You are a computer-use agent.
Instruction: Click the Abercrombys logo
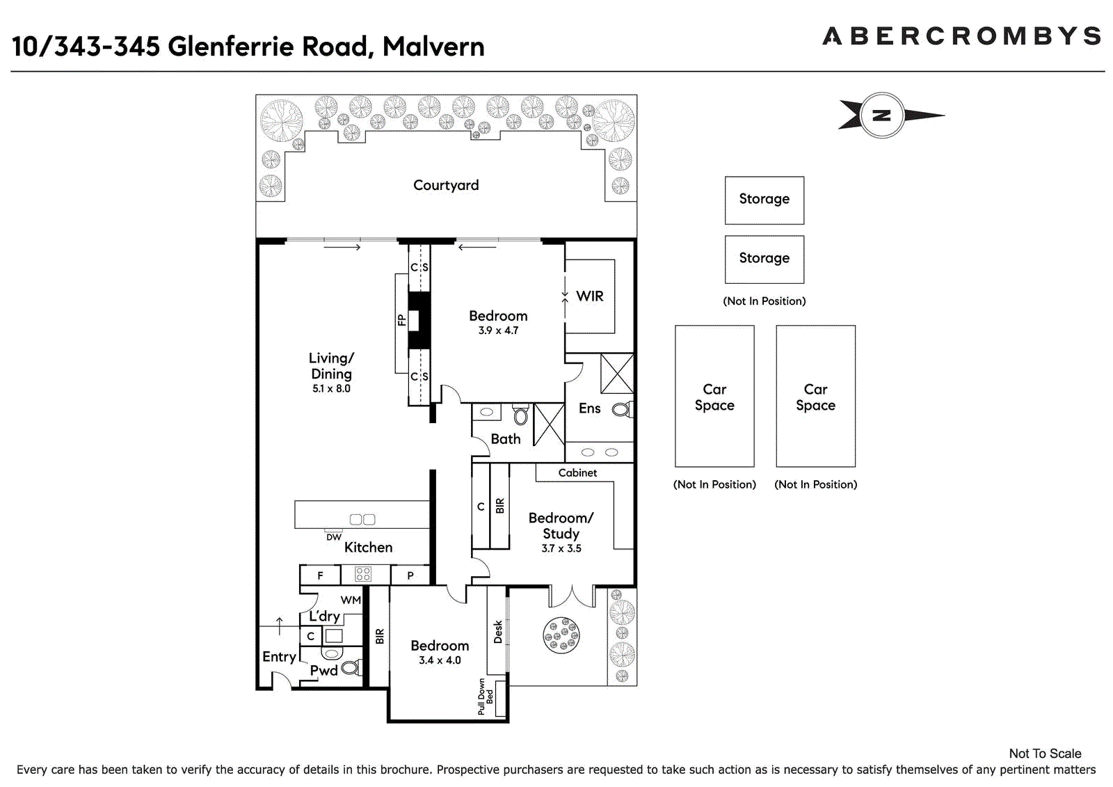tap(961, 36)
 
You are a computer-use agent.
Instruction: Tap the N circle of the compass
tap(882, 116)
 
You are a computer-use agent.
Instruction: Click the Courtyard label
tap(446, 185)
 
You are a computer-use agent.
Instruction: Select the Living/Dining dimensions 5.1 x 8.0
tap(331, 389)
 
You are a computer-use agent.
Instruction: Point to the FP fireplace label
tap(401, 320)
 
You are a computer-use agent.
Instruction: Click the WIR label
tap(590, 296)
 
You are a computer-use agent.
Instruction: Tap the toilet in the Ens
tap(622, 410)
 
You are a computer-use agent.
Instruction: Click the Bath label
tap(505, 439)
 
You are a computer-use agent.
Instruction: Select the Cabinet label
tap(577, 472)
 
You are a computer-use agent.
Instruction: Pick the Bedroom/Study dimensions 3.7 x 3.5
tap(561, 548)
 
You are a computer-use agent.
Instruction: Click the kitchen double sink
tap(362, 520)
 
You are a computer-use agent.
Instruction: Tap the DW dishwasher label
tap(334, 537)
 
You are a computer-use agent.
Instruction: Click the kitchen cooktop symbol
tap(363, 574)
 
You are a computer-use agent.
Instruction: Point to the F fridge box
tap(321, 575)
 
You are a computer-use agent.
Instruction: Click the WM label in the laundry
tap(351, 600)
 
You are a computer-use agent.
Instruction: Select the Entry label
tap(279, 658)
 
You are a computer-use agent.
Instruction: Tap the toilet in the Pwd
tap(352, 667)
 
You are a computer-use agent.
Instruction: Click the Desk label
tap(498, 632)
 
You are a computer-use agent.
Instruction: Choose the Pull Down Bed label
tap(486, 697)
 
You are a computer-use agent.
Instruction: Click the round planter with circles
tap(561, 635)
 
